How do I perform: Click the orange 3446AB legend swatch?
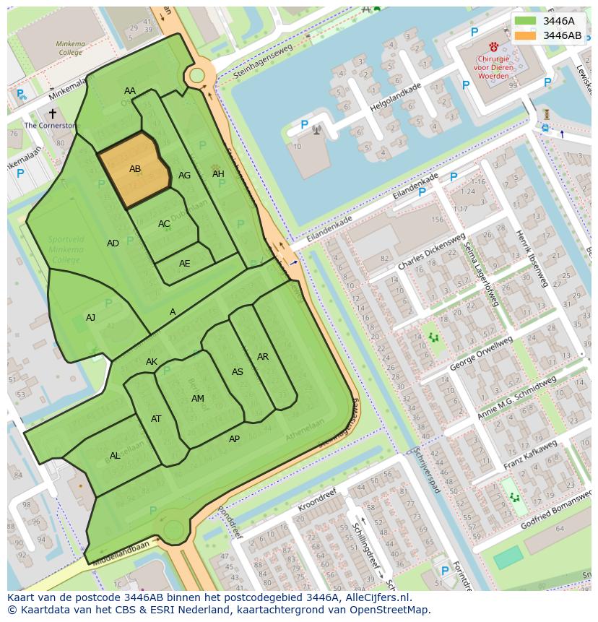(525, 35)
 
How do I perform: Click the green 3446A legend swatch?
(525, 21)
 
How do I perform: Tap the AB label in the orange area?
(135, 169)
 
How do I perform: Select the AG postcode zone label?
(184, 176)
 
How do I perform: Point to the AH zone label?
(218, 174)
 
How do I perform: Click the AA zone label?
(130, 91)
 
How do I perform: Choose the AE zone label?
(185, 264)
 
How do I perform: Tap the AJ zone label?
(90, 318)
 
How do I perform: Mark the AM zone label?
(197, 399)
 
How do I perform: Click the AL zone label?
(115, 456)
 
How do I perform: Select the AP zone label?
(234, 439)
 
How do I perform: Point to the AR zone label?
(263, 357)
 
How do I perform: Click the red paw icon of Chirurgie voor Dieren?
(493, 46)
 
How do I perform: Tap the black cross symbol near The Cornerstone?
(52, 113)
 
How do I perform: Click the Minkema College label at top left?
(70, 48)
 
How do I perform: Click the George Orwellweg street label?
(481, 353)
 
